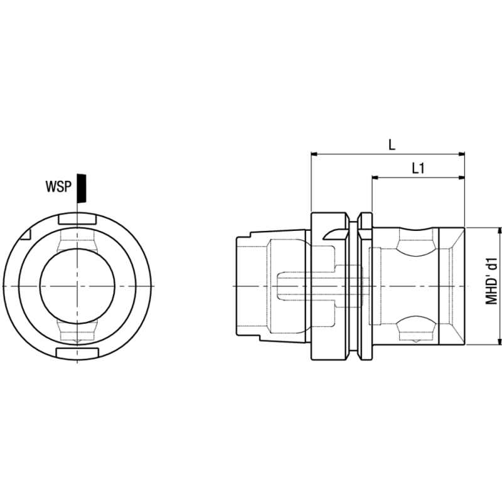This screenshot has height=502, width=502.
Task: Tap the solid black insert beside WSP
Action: [80, 188]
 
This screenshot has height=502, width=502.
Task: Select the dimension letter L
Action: [392, 144]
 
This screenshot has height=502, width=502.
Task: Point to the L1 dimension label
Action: [419, 169]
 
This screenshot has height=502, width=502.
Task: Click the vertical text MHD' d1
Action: [493, 280]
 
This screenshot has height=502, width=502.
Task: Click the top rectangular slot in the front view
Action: [77, 220]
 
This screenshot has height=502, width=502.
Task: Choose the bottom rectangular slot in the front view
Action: [77, 353]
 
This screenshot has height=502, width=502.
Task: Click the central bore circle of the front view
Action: [77, 286]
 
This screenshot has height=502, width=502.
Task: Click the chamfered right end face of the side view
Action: [452, 286]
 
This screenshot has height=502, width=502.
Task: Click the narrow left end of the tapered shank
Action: [243, 286]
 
